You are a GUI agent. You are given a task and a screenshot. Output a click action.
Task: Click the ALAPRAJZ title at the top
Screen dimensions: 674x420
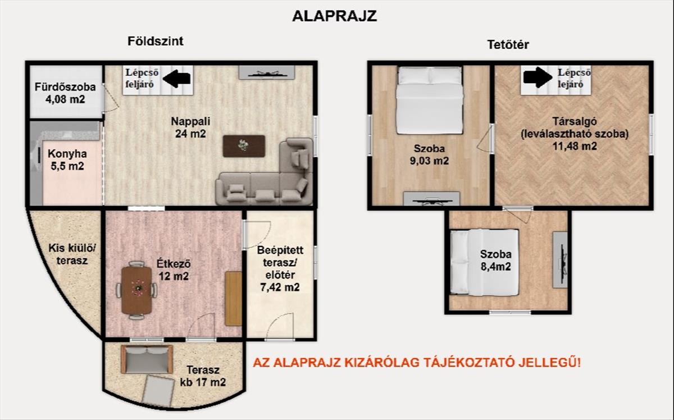pos(334,16)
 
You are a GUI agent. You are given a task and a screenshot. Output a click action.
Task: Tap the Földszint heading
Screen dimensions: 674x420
pos(155,41)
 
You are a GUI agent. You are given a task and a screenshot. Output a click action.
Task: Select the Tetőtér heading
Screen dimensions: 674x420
pos(508,45)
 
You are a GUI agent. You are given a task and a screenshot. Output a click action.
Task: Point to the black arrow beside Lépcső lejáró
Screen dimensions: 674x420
pos(538,77)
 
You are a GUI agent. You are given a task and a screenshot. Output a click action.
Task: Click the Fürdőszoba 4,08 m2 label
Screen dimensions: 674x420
pos(65,93)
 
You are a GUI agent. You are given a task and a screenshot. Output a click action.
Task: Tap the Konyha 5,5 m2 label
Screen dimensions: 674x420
pos(67,160)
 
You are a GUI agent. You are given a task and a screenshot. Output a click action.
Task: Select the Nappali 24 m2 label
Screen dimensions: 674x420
pos(190,127)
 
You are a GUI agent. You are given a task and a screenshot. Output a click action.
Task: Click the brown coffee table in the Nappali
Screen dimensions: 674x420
pos(244,146)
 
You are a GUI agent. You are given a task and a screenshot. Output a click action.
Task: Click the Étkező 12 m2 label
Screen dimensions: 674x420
pos(174,270)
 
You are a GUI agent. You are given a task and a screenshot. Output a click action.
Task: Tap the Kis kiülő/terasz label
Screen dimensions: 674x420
pos(72,254)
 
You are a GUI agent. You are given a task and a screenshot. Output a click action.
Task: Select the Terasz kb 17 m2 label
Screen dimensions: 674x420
pos(203,376)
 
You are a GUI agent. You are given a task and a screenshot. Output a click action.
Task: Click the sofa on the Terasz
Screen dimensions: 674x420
pos(147,359)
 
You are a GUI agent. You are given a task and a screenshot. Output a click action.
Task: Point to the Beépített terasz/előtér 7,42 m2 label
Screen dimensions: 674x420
pos(280,268)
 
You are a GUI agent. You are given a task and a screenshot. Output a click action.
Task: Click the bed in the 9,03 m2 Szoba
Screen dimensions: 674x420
pos(430,101)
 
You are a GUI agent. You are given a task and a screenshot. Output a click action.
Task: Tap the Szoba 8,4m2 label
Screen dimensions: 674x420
pos(495,261)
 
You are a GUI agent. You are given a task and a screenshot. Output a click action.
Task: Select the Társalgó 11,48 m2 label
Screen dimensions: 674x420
pos(575,134)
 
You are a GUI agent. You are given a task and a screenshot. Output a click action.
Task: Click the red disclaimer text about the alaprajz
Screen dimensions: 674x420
pos(417,363)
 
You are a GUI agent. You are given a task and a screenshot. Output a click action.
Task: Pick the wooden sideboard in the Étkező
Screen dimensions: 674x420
pos(234,299)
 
